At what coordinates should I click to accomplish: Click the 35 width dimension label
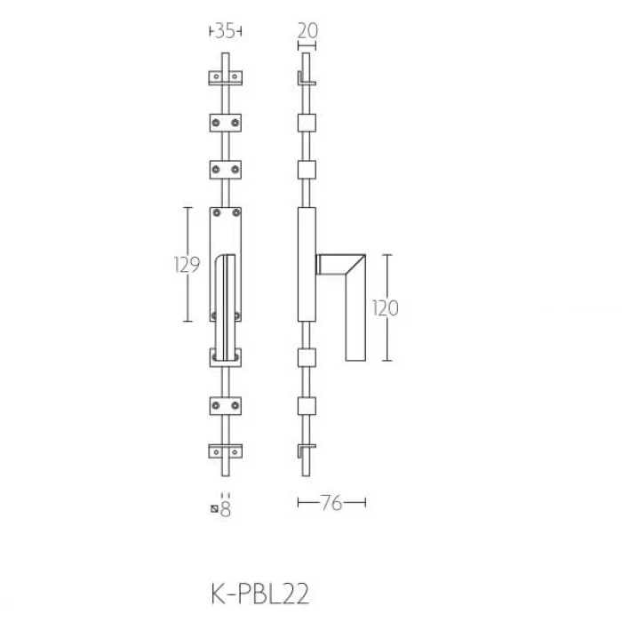[x=225, y=31]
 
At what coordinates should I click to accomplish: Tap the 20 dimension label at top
[x=307, y=31]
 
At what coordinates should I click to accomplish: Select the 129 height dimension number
[x=187, y=265]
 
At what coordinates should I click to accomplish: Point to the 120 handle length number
[x=386, y=308]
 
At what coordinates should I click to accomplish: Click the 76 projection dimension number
[x=331, y=503]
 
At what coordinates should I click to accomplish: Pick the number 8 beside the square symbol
[x=226, y=509]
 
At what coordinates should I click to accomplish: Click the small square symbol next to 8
[x=215, y=509]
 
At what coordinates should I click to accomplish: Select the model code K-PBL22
[x=259, y=594]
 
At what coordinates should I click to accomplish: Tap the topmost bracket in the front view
[x=226, y=78]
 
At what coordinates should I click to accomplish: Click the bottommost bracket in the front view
[x=226, y=451]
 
